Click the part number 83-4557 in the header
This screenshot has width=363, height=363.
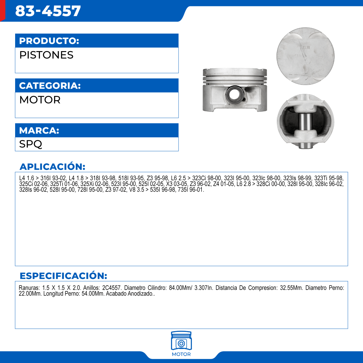tap(48, 11)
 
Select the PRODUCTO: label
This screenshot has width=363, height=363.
tap(49, 41)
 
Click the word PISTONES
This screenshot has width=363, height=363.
tap(46, 55)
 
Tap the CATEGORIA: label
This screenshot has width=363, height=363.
tap(50, 86)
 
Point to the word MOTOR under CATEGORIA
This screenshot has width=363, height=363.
tap(40, 100)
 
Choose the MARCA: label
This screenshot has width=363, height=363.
tap(39, 130)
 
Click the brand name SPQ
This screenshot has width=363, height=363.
tap(31, 144)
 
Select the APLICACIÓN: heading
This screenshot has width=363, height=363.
tap(52, 167)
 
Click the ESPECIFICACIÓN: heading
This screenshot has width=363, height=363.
tap(63, 276)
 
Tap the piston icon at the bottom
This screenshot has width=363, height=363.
tap(181, 341)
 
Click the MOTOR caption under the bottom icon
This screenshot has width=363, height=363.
tap(181, 354)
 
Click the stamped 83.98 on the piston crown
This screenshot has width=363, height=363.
tap(305, 47)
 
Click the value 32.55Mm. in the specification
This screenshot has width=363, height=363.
tap(291, 288)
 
